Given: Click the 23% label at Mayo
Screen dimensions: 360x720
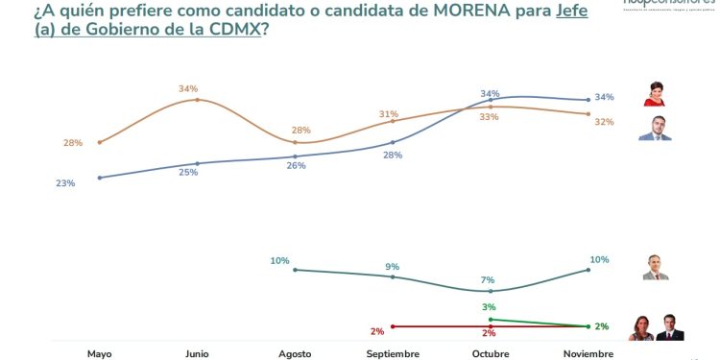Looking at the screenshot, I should click(65, 182).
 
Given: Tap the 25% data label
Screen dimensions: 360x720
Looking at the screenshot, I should click(189, 172).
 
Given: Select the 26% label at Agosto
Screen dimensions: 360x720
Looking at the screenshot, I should click(296, 165).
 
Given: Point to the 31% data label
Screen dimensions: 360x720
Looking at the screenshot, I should click(388, 114).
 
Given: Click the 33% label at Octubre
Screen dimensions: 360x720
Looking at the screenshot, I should click(488, 116).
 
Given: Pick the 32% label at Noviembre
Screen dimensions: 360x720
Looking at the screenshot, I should click(604, 122).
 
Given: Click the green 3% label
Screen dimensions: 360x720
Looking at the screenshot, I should click(488, 306).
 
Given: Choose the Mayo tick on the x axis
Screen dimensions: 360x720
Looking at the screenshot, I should click(99, 353).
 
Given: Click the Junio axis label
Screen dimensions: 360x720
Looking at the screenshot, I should click(196, 353).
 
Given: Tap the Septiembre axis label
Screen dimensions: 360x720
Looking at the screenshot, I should click(393, 353).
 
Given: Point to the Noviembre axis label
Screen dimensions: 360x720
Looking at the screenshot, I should click(588, 353).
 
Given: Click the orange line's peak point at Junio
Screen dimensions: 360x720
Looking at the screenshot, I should click(196, 99).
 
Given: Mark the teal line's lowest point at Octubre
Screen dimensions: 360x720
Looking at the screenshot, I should click(491, 291).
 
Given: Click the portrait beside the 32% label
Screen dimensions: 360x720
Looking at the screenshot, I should click(656, 129).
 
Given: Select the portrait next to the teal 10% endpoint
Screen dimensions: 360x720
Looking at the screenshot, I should click(656, 267).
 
